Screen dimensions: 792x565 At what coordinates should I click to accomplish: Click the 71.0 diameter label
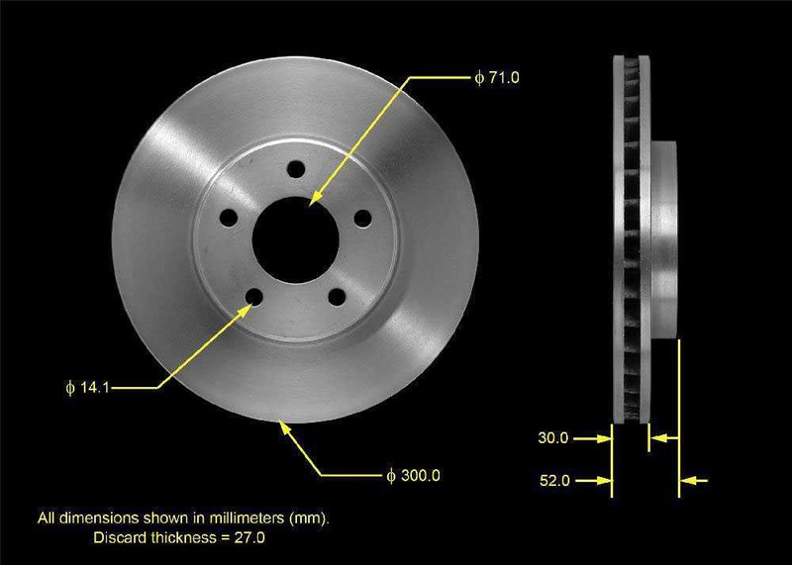pos(497,78)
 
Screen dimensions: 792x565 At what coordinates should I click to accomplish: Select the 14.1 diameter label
pos(87,388)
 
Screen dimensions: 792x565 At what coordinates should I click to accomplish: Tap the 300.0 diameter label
pos(413,476)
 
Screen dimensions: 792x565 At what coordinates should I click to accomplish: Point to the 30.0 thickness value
pos(553,437)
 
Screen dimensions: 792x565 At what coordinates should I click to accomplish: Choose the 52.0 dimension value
pos(554,480)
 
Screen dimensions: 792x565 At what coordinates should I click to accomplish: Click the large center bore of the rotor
pos(295,239)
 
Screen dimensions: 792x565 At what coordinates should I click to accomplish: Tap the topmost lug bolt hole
pos(295,169)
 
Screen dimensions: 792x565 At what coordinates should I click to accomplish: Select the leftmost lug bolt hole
pos(229,218)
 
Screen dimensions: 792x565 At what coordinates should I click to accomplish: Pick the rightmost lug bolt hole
pos(362,218)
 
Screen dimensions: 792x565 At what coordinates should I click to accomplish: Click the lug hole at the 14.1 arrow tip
pos(254,297)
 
